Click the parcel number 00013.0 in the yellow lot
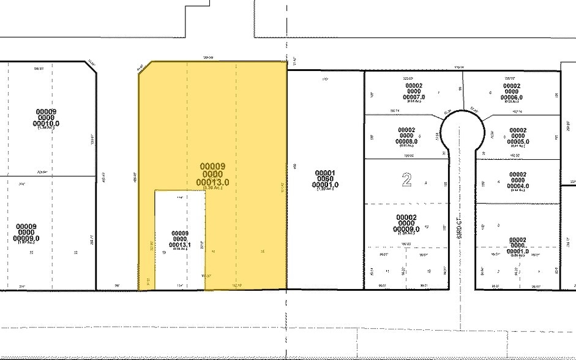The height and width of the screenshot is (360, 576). tap(212, 182)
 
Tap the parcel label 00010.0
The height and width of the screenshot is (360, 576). tap(48, 122)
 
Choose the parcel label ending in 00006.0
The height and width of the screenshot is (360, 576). tap(511, 97)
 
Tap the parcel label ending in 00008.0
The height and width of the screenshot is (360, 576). tap(406, 141)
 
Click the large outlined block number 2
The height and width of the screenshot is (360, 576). tap(406, 179)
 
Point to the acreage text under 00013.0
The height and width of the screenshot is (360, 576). tap(212, 189)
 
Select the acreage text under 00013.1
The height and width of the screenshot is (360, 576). tap(179, 248)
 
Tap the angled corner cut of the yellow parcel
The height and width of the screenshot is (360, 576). tap(144, 69)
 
